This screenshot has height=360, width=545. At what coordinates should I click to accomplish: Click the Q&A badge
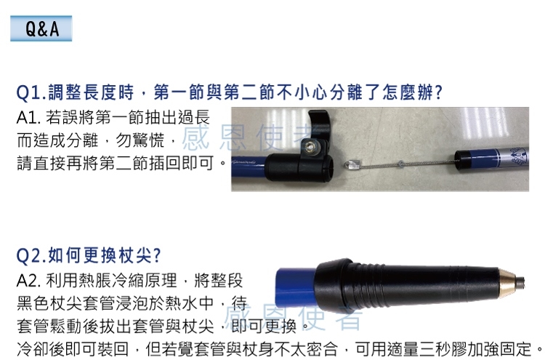point(41,28)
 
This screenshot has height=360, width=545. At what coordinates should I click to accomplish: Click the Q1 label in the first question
point(31,93)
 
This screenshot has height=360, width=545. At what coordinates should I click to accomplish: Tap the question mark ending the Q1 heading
point(439,92)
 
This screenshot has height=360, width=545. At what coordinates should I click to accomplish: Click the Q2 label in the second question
point(32,256)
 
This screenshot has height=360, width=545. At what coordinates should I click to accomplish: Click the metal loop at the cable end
point(351,164)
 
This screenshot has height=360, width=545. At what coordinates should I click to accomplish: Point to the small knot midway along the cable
point(400,164)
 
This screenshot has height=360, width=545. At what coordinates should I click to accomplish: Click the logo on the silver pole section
point(518,156)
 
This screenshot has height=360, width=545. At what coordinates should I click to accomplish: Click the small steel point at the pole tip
point(520,282)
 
